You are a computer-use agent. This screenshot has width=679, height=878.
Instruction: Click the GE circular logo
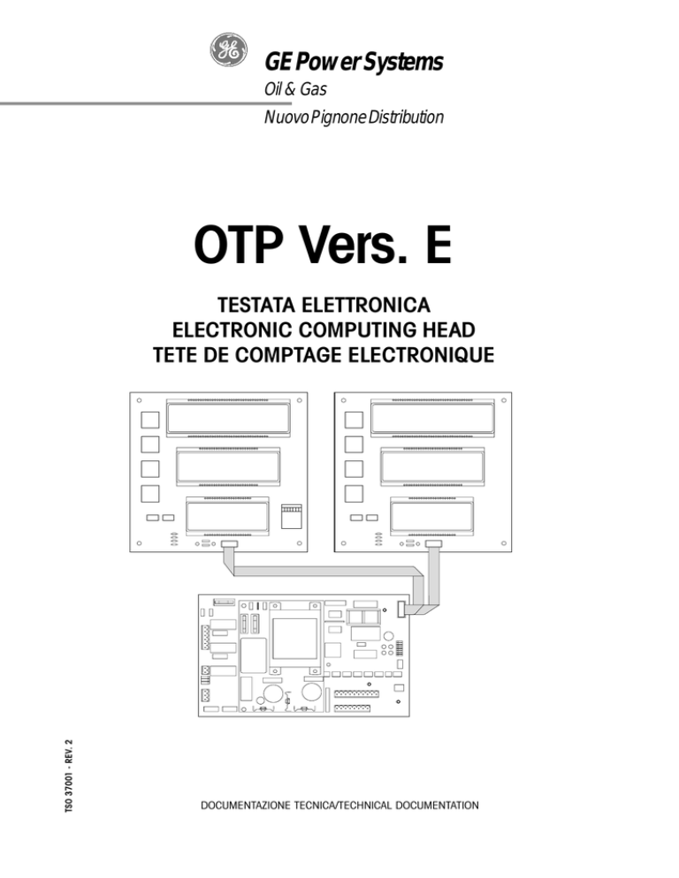228,49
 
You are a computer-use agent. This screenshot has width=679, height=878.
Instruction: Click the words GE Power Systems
354,62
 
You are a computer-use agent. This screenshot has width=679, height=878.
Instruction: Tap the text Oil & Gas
295,89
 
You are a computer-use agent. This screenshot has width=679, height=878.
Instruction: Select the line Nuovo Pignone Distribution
354,117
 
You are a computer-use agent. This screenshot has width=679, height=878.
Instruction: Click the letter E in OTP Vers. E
438,246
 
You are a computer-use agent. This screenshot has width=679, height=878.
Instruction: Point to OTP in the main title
238,246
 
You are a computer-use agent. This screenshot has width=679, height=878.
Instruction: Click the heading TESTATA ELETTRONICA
324,305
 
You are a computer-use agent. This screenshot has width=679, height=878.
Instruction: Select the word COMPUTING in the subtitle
356,329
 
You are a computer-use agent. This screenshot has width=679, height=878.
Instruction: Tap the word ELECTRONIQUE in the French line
421,355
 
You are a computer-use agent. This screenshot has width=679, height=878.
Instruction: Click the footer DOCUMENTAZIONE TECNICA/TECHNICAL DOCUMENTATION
339,806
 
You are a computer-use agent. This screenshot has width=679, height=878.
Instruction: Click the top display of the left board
228,418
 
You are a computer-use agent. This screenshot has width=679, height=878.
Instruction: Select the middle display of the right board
432,466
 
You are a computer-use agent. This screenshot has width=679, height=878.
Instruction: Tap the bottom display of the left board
227,515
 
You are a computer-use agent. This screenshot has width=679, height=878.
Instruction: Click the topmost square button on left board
149,420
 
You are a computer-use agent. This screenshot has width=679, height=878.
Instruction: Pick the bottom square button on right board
354,494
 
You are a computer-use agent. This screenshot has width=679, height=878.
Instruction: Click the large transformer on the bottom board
295,639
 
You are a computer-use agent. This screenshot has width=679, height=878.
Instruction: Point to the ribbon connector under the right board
433,544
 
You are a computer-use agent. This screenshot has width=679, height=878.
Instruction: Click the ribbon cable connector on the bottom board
401,609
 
